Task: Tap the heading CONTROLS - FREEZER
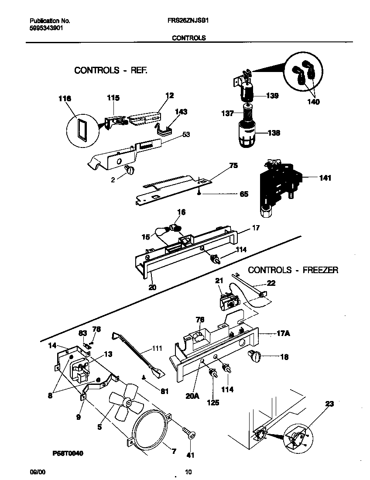(x=293, y=270)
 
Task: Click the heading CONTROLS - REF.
(x=111, y=70)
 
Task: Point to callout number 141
(x=325, y=178)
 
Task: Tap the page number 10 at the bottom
(x=188, y=471)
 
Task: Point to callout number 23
(x=329, y=404)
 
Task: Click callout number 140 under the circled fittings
(x=313, y=102)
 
